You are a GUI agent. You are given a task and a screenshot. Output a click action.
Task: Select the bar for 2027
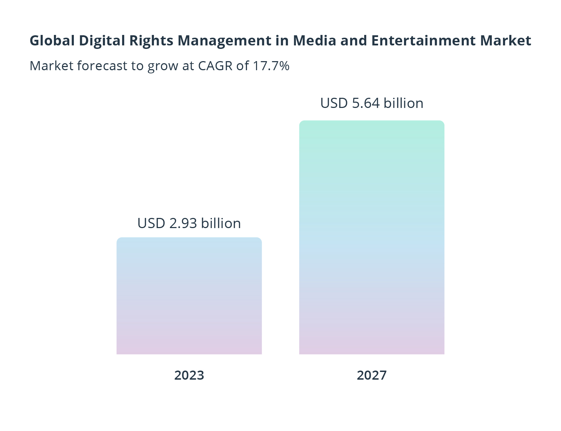(x=371, y=238)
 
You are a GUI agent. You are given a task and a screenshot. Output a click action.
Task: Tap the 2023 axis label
(x=189, y=375)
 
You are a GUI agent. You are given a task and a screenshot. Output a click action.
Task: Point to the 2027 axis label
(x=371, y=375)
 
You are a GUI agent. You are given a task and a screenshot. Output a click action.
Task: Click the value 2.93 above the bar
(x=183, y=224)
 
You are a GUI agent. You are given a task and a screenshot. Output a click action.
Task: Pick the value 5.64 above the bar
(x=366, y=103)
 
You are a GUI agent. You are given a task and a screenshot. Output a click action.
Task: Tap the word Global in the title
(x=52, y=41)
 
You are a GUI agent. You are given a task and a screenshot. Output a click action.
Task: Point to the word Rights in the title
(x=151, y=41)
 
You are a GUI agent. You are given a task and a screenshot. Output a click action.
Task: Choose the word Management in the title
(x=224, y=41)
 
